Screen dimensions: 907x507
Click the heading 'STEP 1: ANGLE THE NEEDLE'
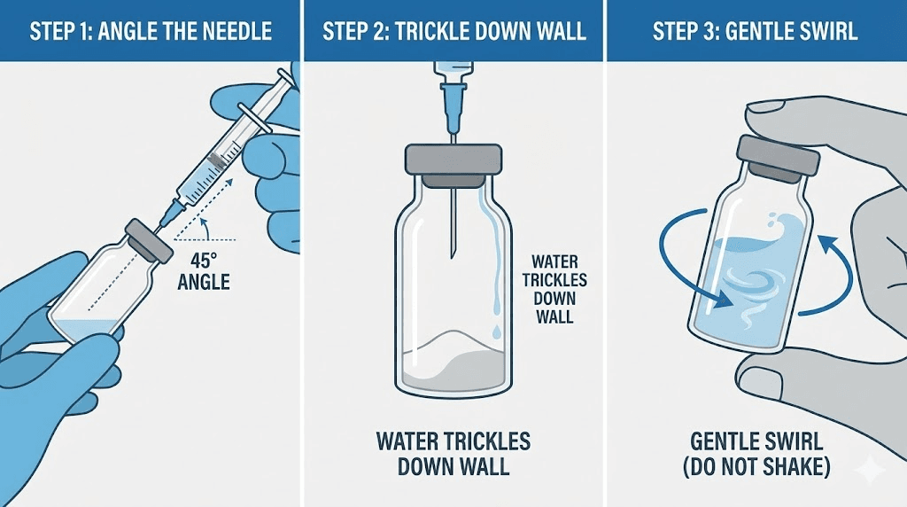coord(151,31)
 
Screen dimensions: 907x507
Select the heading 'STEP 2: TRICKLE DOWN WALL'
coord(454,31)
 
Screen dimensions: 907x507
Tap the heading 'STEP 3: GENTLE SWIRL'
coord(755,31)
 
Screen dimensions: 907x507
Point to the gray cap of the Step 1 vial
coord(149,238)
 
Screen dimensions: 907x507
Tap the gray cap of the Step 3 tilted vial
coord(778,156)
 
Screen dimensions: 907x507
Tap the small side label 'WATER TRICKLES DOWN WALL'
coord(554,289)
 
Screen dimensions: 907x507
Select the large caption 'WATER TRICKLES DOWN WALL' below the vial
coord(453,453)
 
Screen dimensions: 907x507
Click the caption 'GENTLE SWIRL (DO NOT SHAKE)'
coord(756,453)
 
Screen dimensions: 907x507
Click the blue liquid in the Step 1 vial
coord(81,328)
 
